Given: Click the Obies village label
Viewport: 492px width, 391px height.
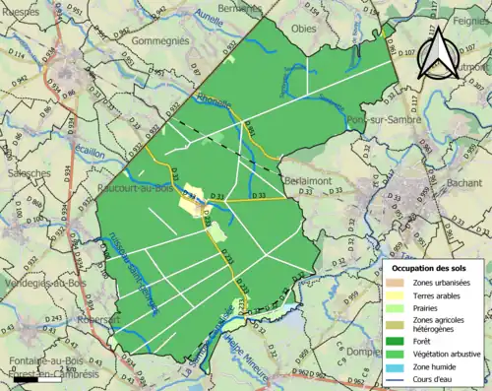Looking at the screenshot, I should [305, 28].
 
